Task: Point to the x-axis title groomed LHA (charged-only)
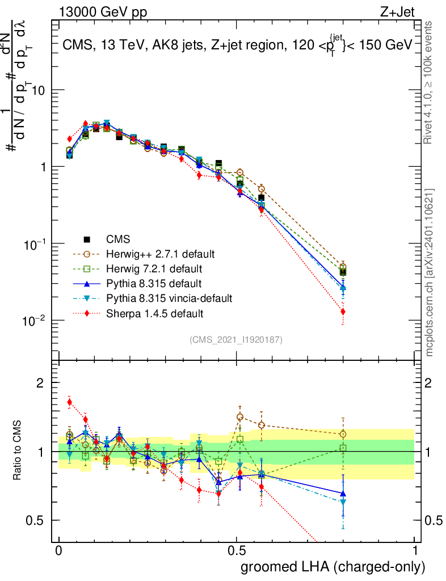click(x=333, y=567)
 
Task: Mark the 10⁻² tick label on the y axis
click(x=34, y=321)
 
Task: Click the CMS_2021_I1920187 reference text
click(x=236, y=340)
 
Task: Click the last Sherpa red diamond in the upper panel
click(x=343, y=311)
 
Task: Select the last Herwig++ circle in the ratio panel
click(x=343, y=435)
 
